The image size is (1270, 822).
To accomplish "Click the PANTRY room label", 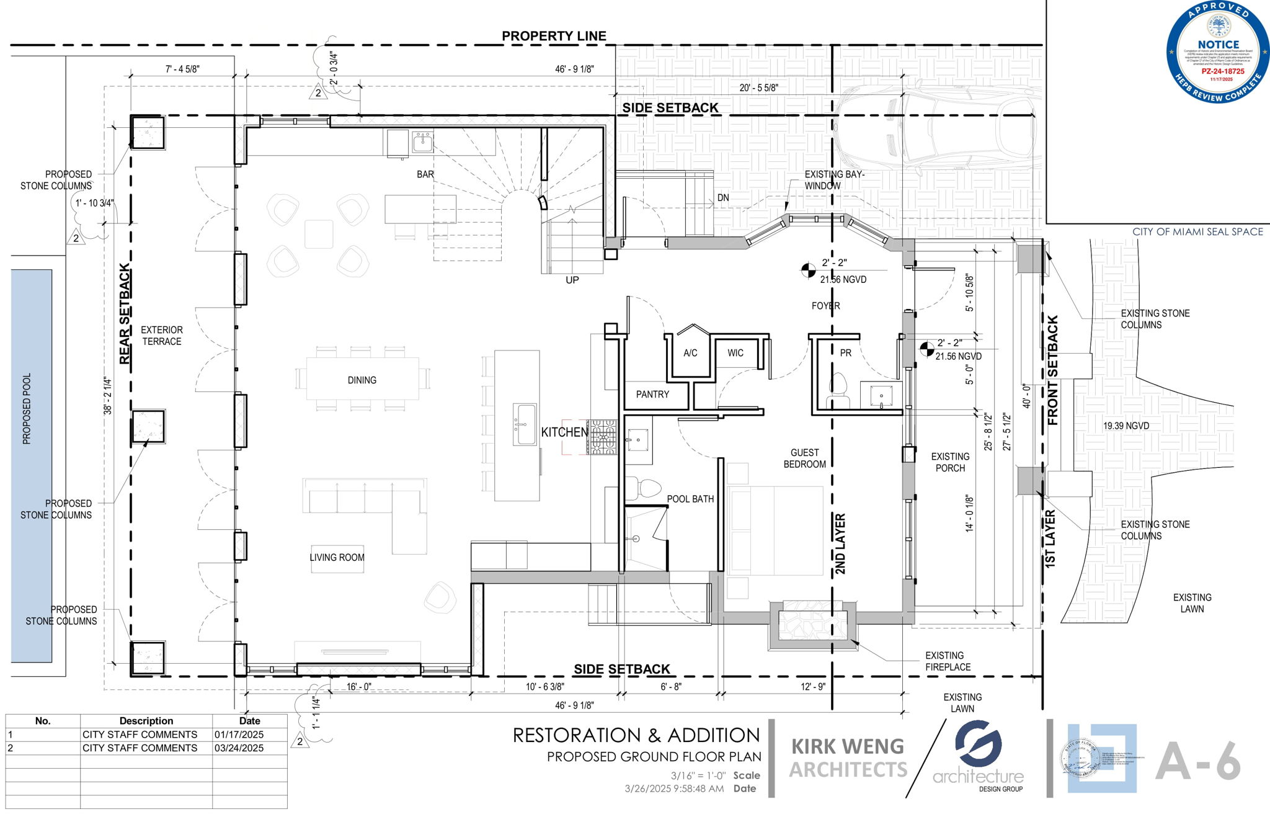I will coord(652,395).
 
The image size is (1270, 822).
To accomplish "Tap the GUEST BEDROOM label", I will coord(804,458).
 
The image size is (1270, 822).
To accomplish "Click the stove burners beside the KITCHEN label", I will coord(602,437).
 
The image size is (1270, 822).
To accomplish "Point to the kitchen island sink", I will coord(525,424).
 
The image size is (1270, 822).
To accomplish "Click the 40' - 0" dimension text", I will coord(1026,396).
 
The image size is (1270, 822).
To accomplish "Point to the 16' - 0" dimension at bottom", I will coord(358,687).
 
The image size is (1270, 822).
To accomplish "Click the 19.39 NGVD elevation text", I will coord(1126,426).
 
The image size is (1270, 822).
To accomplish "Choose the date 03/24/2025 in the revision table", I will coord(239,748).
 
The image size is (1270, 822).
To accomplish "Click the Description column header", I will coord(146,721).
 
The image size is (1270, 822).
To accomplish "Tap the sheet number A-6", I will coord(1197,762).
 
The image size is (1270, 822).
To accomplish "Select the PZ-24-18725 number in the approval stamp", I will coord(1219,71).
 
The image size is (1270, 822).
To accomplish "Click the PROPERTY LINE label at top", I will coord(554,36).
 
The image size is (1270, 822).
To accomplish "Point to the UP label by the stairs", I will coord(572,280).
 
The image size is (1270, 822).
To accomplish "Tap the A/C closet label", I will coord(690,353).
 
